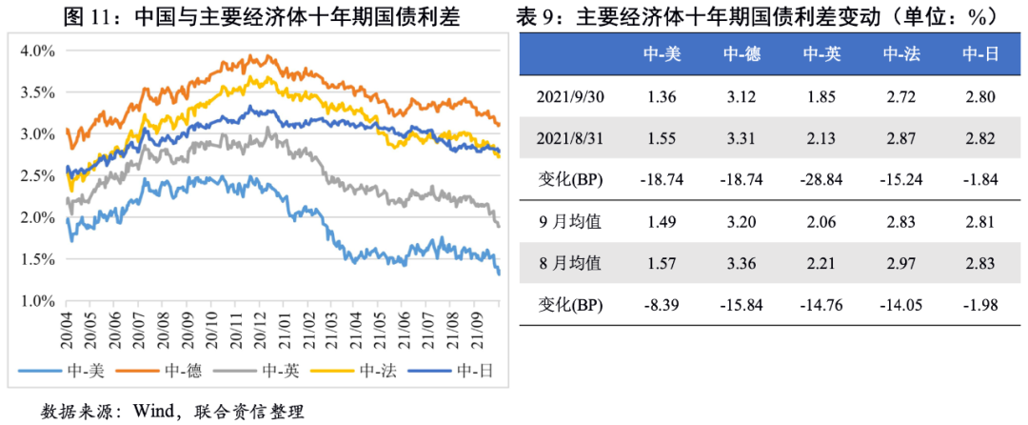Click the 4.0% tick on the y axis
click(x=37, y=51)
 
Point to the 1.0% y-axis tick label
click(x=37, y=300)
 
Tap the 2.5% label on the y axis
click(x=37, y=175)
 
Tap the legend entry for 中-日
click(x=457, y=371)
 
